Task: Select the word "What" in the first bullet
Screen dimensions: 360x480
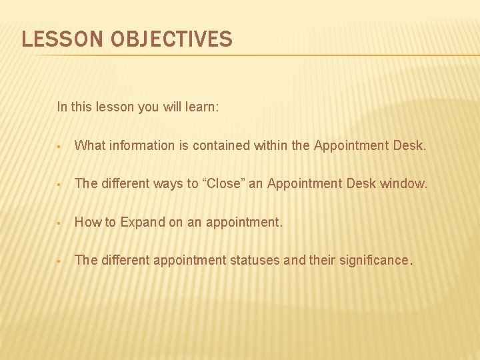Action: coord(89,145)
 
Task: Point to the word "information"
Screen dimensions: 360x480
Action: coord(138,145)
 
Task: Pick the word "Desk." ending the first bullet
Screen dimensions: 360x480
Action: coord(408,145)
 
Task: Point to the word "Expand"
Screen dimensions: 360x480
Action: coord(143,222)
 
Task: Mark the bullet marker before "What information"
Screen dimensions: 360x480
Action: coord(59,146)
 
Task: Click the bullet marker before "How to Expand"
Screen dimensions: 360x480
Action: coord(59,223)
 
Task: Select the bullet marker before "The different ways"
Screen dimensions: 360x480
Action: coord(59,184)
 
